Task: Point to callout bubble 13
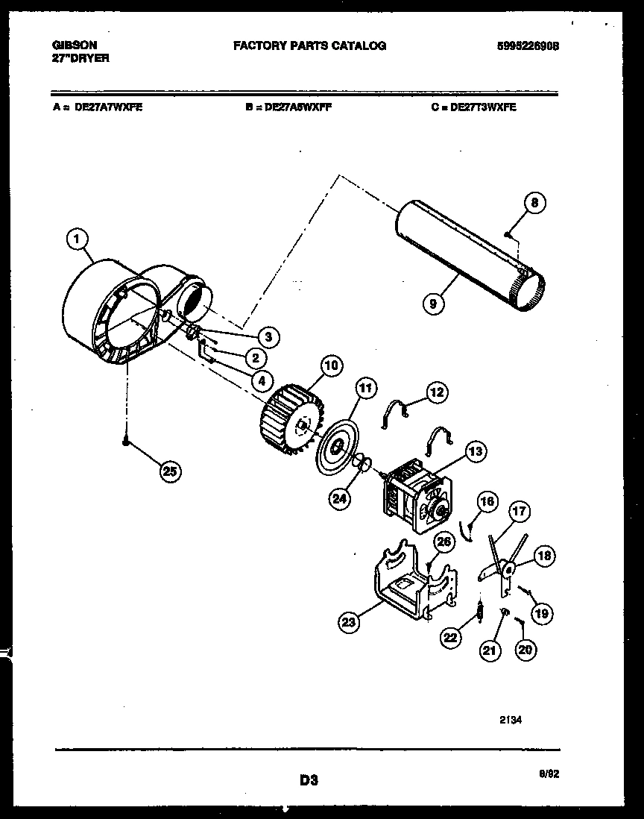coord(476,451)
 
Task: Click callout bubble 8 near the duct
coord(534,202)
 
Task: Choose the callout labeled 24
coord(340,500)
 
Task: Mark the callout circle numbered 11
coord(366,387)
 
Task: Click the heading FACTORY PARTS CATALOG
coord(309,45)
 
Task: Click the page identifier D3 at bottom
coord(309,780)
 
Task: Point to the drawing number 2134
coord(510,721)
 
